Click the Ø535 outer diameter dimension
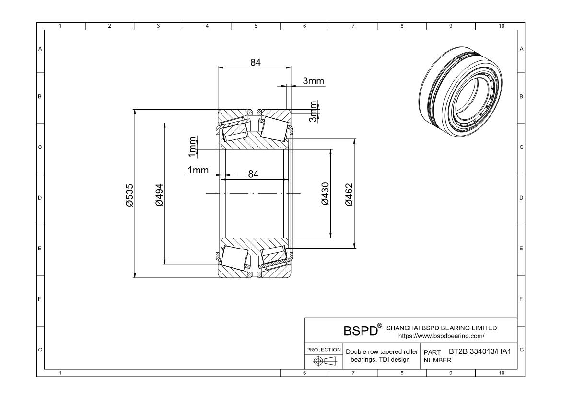click(x=129, y=195)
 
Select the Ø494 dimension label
click(x=159, y=195)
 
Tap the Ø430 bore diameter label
click(x=325, y=194)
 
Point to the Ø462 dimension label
click(x=349, y=195)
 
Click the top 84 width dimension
click(x=256, y=62)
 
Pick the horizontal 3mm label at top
click(x=314, y=81)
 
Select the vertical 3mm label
click(x=313, y=112)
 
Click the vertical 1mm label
click(x=192, y=147)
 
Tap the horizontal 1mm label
click(x=198, y=170)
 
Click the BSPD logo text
click(x=361, y=330)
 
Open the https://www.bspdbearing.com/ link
click(x=442, y=336)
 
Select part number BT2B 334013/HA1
click(x=480, y=351)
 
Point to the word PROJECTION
click(x=324, y=350)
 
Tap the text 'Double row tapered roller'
click(x=382, y=351)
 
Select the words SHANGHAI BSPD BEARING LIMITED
click(x=442, y=328)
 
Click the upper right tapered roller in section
click(x=274, y=128)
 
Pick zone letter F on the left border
click(x=40, y=299)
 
